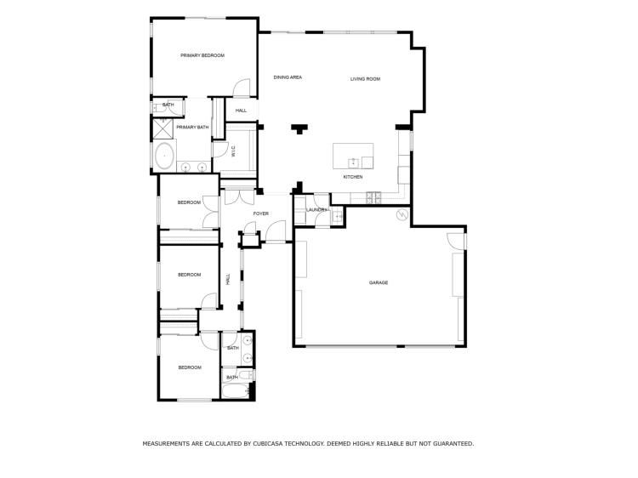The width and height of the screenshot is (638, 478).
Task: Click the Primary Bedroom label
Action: point(202,55)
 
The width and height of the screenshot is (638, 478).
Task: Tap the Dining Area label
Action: point(288,77)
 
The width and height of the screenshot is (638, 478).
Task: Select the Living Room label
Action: point(365,79)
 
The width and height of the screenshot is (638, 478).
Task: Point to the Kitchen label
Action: point(353,177)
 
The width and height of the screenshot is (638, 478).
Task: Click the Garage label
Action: point(379,282)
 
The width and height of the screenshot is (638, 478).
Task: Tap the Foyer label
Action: point(261,213)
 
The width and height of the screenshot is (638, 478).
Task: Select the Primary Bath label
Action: point(192,128)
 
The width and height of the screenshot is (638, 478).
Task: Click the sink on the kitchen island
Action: point(353,159)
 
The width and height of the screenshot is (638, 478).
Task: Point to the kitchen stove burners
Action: point(373,198)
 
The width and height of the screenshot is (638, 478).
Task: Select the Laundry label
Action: point(316,209)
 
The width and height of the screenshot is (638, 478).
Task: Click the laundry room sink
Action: point(338,217)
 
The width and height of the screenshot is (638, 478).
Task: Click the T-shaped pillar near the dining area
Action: point(299,129)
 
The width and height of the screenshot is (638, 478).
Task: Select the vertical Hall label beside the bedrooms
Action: point(228,279)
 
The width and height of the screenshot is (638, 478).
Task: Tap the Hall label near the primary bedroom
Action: point(241,111)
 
